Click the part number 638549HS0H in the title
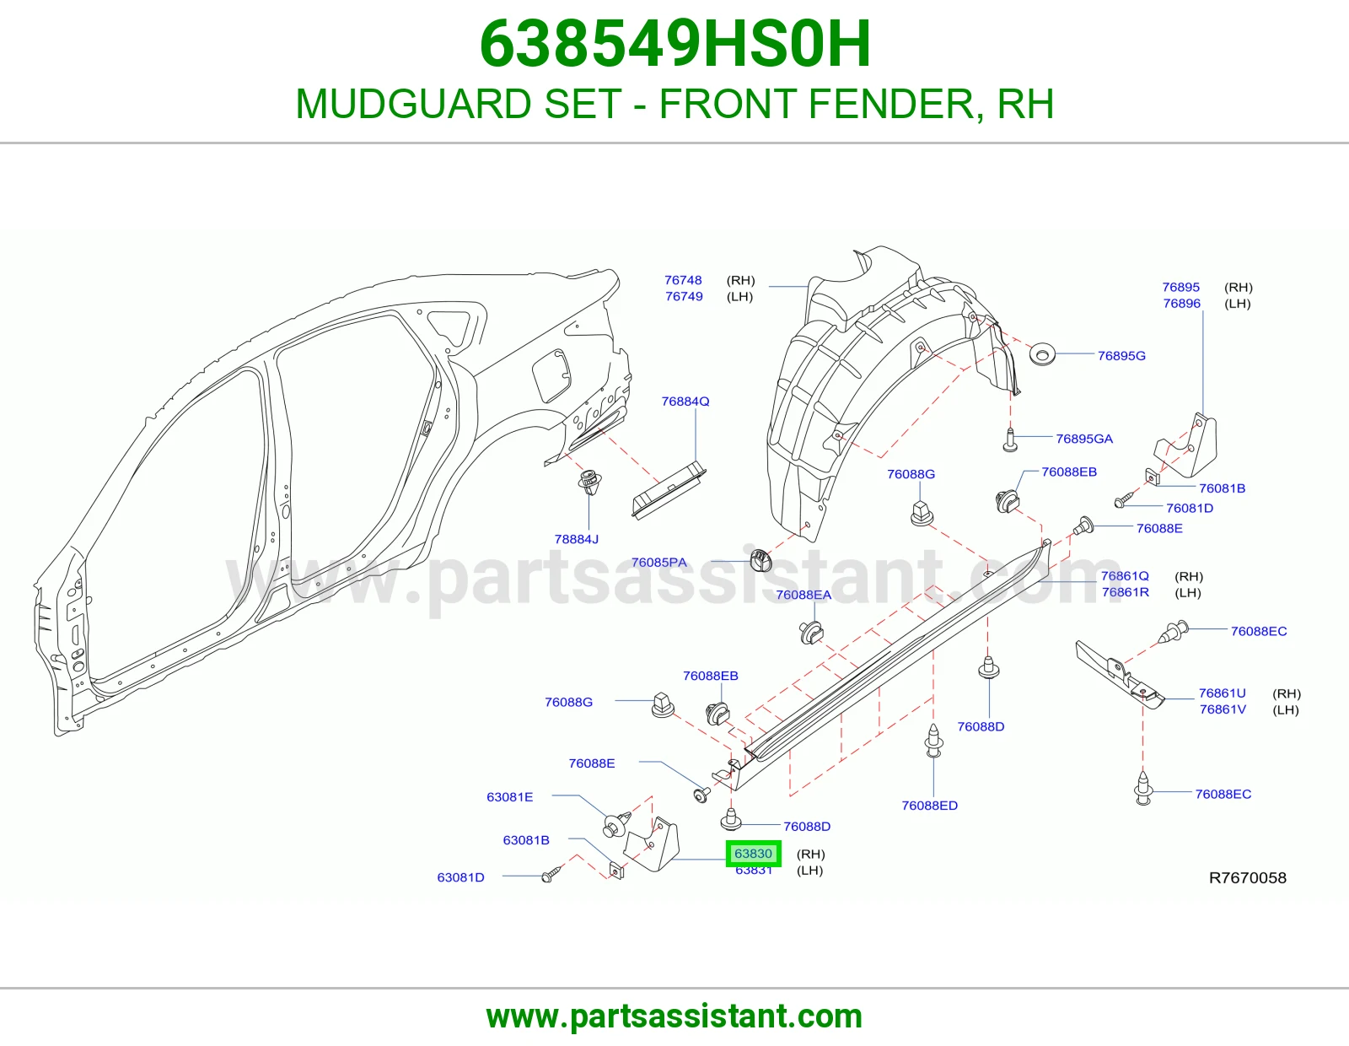tap(675, 44)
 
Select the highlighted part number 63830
tap(753, 854)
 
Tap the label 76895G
tap(1121, 356)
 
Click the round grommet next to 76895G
tap(1042, 354)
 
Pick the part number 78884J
tap(577, 539)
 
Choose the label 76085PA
tap(658, 562)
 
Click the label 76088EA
tap(803, 595)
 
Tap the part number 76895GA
tap(1084, 439)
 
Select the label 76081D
tap(1190, 508)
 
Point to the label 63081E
tap(510, 797)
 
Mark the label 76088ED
tap(929, 806)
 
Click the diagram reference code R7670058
tap(1247, 877)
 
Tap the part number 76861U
tap(1222, 693)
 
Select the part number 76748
tap(683, 280)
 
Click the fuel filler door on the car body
tap(551, 375)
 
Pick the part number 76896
tap(1181, 304)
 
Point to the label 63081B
tap(526, 840)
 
